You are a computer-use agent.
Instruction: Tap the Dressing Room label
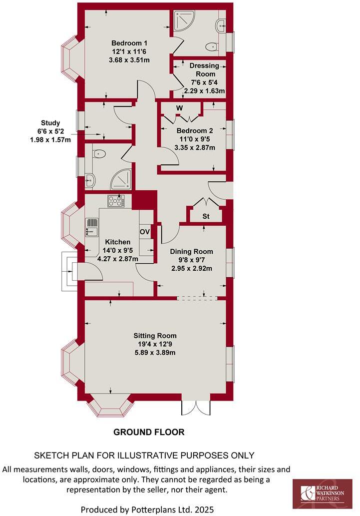(204, 65)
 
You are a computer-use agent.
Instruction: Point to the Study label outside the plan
(50, 123)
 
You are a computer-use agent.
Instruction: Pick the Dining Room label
(191, 252)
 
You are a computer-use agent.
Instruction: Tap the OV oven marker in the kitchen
(145, 232)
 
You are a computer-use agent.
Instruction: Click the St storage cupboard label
(205, 216)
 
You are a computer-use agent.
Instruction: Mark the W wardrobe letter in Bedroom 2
(179, 108)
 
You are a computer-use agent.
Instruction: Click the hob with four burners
(116, 201)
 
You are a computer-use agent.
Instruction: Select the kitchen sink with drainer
(91, 227)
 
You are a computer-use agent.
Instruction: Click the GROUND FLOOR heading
(149, 432)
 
